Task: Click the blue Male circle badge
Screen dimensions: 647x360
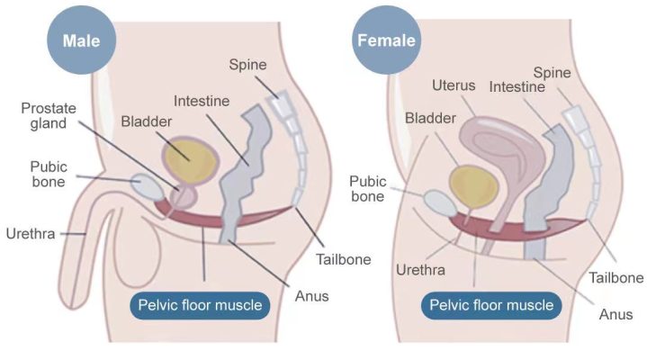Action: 82,40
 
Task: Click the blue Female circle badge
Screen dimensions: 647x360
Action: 387,40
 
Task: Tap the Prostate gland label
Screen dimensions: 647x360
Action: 49,115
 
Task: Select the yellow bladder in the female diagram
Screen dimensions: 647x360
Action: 473,186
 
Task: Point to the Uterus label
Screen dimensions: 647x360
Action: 454,85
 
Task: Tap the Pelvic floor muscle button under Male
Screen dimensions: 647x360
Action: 200,305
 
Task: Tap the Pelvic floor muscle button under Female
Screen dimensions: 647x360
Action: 491,305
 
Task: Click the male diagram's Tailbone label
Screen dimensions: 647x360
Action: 344,260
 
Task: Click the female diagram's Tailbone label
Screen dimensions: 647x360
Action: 616,278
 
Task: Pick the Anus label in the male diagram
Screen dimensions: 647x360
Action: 312,296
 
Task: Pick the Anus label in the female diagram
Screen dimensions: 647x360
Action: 616,315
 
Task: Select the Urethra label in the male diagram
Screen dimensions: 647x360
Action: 31,234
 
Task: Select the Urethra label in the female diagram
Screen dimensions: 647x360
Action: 420,270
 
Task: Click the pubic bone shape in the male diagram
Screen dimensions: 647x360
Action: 148,187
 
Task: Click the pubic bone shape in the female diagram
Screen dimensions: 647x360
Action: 440,203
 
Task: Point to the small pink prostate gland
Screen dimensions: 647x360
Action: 184,197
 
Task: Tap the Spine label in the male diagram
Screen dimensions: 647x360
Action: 247,65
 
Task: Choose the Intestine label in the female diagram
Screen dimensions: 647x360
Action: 517,87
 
